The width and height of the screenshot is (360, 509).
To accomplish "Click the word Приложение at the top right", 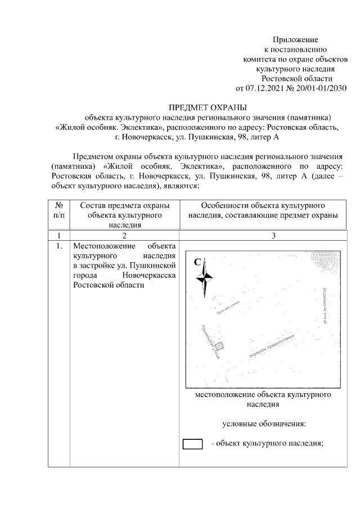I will tap(295, 39).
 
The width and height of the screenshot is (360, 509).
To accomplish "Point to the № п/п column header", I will tap(59, 210).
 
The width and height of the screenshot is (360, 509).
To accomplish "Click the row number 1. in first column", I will tap(59, 246).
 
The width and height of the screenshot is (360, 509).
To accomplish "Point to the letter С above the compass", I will tap(197, 262).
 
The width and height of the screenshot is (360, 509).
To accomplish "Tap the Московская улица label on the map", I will tap(324, 307).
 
